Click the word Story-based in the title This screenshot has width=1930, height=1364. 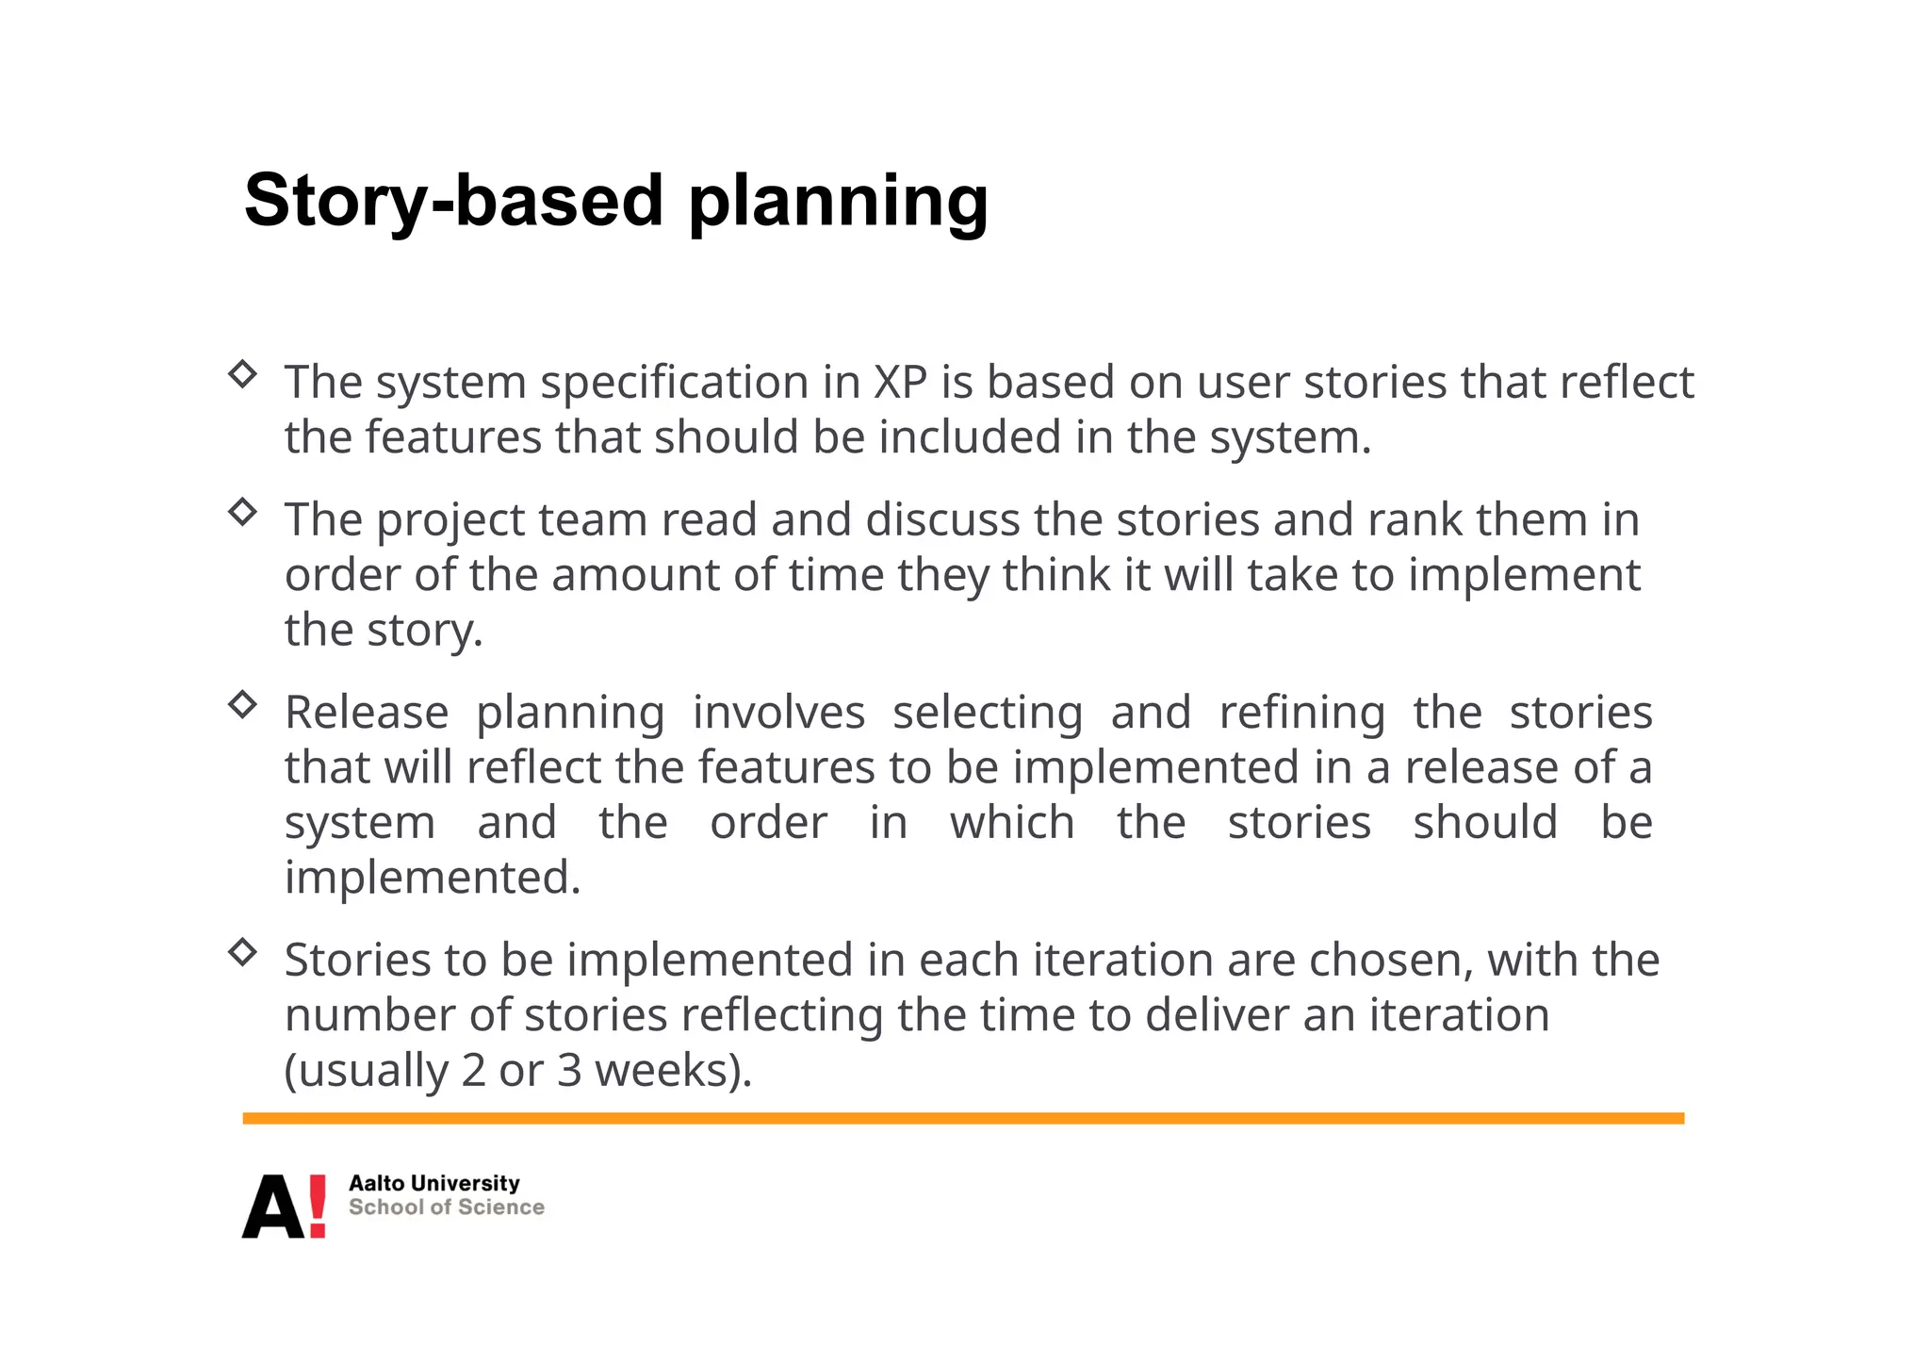tap(453, 200)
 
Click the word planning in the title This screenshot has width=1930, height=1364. tap(838, 204)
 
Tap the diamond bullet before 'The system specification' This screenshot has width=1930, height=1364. tap(243, 374)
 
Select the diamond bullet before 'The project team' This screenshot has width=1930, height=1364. tap(243, 512)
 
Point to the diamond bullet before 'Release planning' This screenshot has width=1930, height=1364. tap(243, 704)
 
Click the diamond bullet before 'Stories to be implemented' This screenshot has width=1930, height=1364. tap(243, 952)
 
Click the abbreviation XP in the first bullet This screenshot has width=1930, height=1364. tap(900, 383)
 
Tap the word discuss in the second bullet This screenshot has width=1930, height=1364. tap(942, 519)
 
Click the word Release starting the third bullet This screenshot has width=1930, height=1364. tap(367, 713)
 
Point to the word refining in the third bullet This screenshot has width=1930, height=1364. tap(1301, 714)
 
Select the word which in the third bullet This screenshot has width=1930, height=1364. tap(1012, 822)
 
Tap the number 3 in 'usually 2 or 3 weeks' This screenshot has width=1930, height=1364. tap(569, 1071)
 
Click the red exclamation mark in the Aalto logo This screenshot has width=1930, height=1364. tap(318, 1206)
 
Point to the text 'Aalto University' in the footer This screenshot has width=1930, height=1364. tap(433, 1183)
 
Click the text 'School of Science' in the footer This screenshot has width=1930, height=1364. tap(446, 1208)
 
